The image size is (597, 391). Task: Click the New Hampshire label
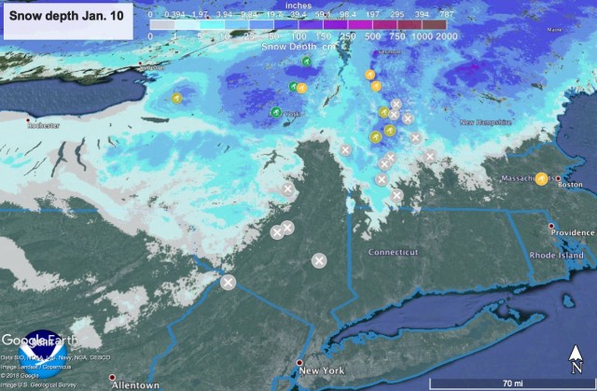point(485,122)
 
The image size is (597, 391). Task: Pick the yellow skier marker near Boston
point(541,178)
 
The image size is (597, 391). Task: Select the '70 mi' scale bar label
point(512,383)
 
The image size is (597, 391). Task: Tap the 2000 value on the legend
point(445,35)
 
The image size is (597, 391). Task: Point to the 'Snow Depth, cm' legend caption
point(298,45)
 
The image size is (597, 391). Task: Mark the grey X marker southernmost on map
point(228,281)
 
